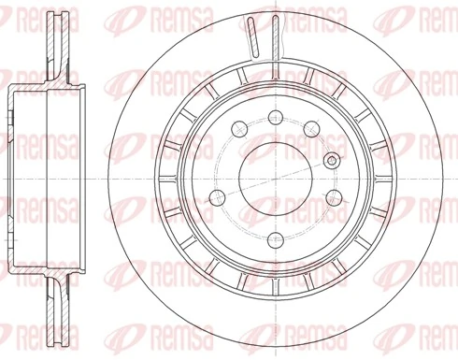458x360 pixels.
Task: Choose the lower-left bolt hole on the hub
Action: tap(218, 196)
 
